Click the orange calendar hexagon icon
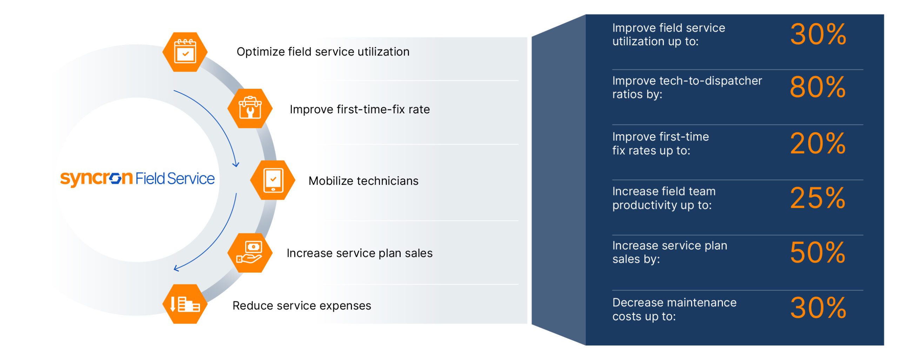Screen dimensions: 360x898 [x=185, y=52]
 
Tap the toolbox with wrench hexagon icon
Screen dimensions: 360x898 [x=250, y=108]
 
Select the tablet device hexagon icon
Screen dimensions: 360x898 [x=273, y=180]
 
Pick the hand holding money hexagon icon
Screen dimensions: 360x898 [x=250, y=253]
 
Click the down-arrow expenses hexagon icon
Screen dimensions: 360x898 [x=185, y=304]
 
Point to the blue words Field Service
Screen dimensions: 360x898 [x=175, y=179]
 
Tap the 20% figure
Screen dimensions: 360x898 [x=818, y=144]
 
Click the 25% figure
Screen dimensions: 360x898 [x=818, y=198]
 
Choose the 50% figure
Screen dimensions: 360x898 [x=818, y=253]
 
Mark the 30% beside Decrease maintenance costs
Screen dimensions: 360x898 [x=818, y=308]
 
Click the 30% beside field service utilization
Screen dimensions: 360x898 [x=818, y=34]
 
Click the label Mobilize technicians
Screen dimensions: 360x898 [x=363, y=181]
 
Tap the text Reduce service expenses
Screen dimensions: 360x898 [x=302, y=306]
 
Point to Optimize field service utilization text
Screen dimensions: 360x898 [x=323, y=52]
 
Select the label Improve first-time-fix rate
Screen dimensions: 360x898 [x=360, y=109]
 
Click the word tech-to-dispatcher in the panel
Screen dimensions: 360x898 [x=711, y=81]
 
